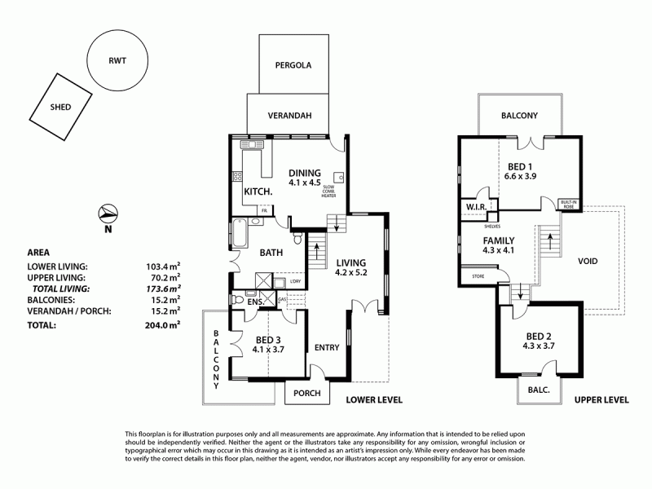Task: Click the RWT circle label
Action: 117,59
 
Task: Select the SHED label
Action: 59,107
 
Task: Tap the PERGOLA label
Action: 293,64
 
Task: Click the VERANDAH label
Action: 290,116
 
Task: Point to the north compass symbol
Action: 107,215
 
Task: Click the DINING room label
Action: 305,173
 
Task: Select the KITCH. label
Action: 259,192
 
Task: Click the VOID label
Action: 587,262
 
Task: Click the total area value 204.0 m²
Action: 163,324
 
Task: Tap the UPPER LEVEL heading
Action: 601,400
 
